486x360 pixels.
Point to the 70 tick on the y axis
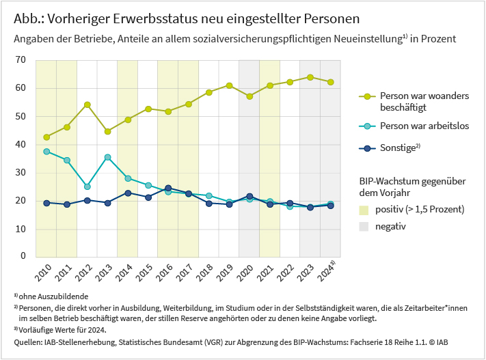coord(21,60)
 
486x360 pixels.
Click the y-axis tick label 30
coord(21,172)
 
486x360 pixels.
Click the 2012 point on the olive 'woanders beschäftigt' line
coord(87,105)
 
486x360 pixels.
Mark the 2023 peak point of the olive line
coord(310,77)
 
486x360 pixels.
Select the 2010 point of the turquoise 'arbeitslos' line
coord(46,152)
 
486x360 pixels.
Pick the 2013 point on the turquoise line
coord(107,157)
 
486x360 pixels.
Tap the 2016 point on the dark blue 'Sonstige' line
coord(168,188)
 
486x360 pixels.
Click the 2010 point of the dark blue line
coord(46,203)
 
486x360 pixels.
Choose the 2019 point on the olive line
coord(230,85)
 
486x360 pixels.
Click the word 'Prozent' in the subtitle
coord(438,40)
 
